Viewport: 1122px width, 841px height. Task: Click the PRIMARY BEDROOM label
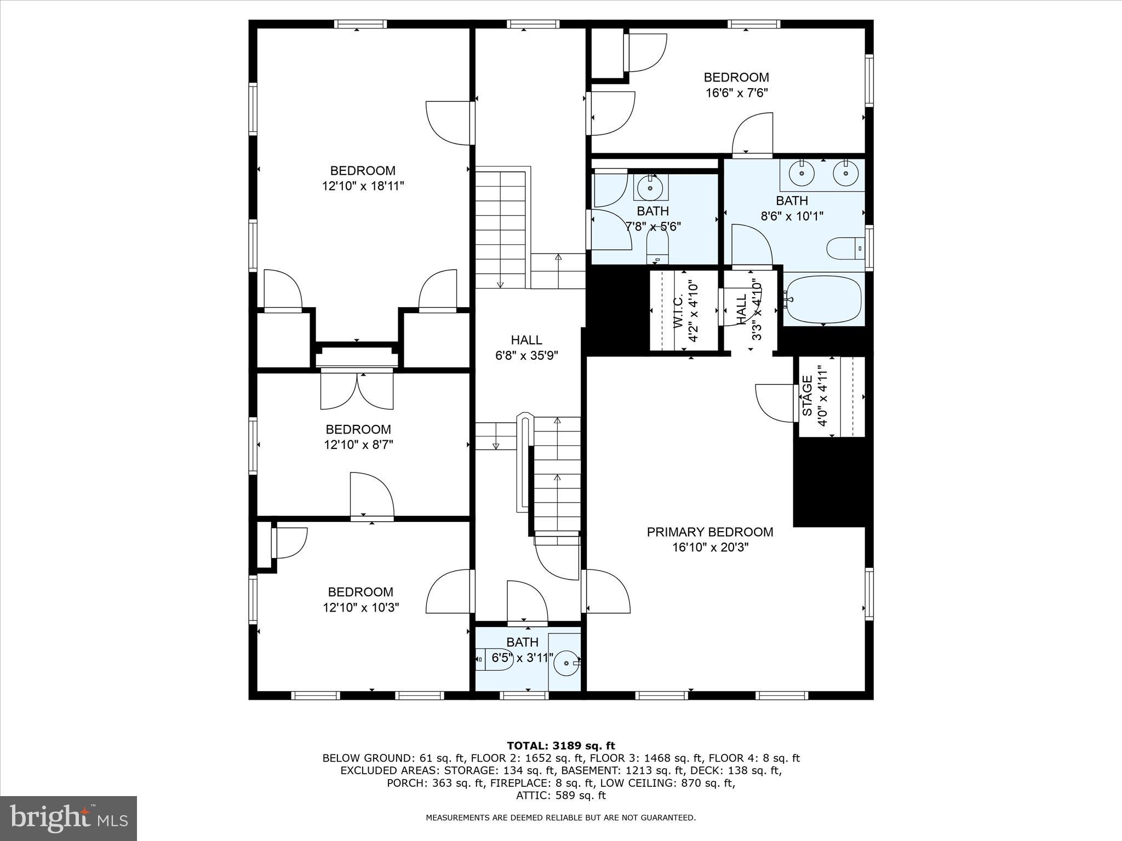pos(710,532)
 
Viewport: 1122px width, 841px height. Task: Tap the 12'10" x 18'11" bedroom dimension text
pos(363,186)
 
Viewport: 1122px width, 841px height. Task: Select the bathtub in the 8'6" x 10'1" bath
pos(823,299)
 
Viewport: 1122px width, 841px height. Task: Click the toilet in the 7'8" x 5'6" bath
pos(657,249)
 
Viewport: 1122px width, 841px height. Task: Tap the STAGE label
pos(807,396)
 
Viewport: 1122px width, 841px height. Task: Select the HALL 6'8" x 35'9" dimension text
pos(526,355)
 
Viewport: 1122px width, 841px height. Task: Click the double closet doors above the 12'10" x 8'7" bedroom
pos(357,390)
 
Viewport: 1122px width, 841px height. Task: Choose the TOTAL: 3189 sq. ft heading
pos(561,746)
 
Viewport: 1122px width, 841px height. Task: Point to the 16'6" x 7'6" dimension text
pos(736,93)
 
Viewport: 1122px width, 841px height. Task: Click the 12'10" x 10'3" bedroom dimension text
pos(361,607)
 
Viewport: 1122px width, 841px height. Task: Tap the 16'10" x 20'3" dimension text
pos(710,547)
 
